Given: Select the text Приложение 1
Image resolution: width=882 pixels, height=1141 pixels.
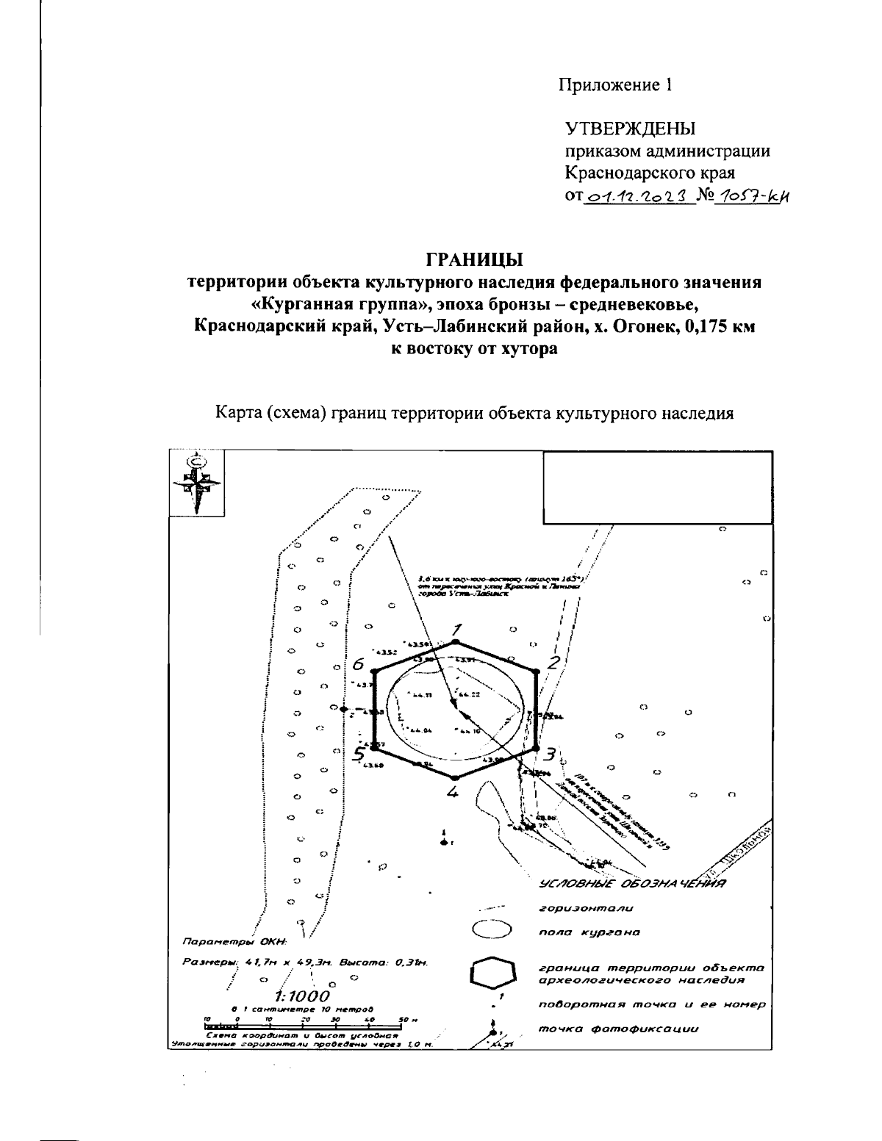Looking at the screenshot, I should click(x=617, y=85).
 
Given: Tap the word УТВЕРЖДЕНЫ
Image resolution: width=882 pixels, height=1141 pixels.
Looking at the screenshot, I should click(x=630, y=129).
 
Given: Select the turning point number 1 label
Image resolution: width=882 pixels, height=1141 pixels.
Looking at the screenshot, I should click(x=456, y=629).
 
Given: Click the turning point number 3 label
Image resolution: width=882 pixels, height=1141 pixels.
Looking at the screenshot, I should click(x=549, y=754).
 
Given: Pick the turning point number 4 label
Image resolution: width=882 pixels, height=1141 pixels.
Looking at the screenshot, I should click(x=453, y=792).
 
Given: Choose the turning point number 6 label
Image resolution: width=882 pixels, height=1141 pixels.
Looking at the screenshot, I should click(x=358, y=664).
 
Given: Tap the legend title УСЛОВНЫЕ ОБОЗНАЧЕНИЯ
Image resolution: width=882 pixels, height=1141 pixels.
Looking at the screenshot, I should click(x=632, y=884).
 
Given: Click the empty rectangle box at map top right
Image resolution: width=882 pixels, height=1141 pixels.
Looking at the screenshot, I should click(x=657, y=488).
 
